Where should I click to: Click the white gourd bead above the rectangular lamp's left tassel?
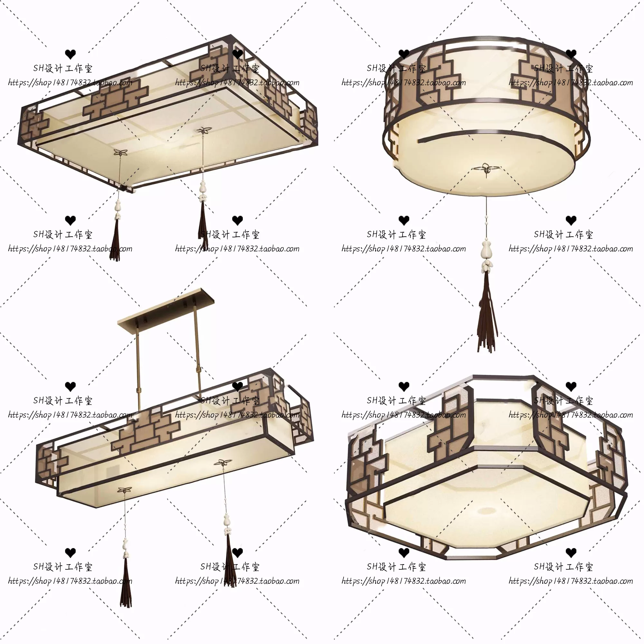pos(118,207)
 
